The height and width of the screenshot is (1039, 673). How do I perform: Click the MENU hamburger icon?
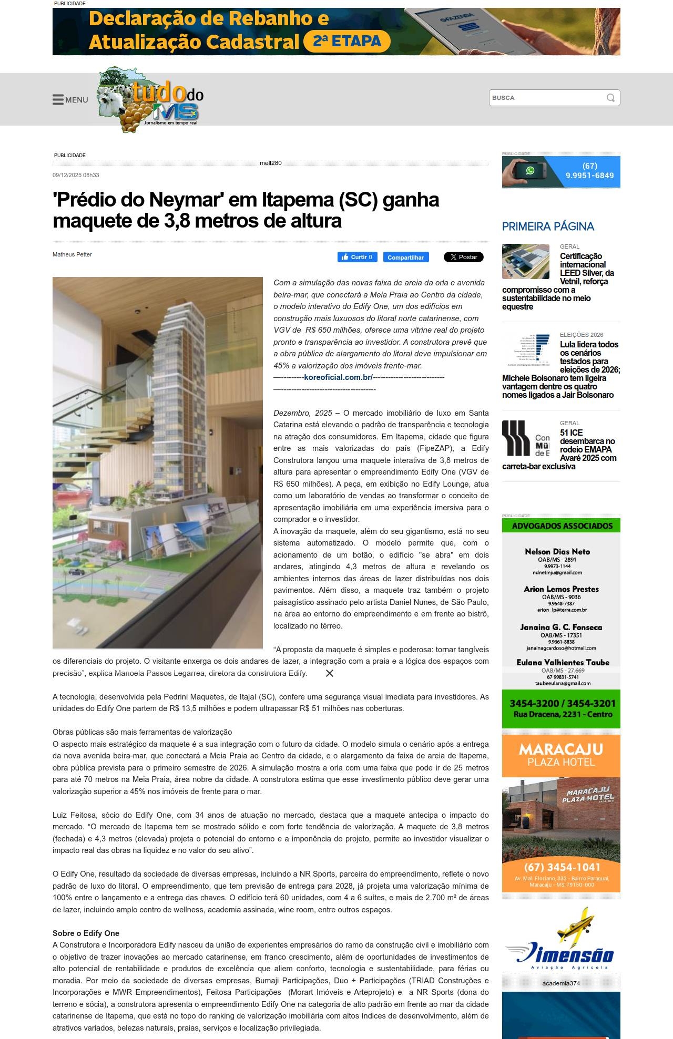tap(58, 100)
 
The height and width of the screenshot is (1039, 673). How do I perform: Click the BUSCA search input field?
tap(547, 98)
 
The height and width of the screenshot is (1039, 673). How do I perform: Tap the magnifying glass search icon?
tap(610, 98)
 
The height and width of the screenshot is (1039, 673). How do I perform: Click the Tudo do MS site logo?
tap(150, 100)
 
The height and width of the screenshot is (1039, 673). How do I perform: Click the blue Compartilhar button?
tap(405, 258)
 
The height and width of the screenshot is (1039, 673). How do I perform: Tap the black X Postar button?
tap(463, 257)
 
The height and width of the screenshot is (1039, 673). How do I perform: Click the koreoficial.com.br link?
tap(338, 377)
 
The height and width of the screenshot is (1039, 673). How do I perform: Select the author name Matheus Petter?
tap(72, 254)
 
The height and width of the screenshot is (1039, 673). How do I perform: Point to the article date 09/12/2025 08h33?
tap(76, 175)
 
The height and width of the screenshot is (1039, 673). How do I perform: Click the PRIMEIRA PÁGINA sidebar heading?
tap(548, 227)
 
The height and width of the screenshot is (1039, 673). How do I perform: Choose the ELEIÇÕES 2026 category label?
tap(582, 335)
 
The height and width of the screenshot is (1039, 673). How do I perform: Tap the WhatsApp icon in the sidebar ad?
tap(530, 171)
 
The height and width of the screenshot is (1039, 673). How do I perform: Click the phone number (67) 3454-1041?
tap(562, 867)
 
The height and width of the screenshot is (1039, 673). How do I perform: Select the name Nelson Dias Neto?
tap(557, 551)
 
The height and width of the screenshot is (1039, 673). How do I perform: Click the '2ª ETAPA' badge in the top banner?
tap(347, 42)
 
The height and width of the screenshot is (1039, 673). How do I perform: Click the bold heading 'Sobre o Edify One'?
tap(86, 933)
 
